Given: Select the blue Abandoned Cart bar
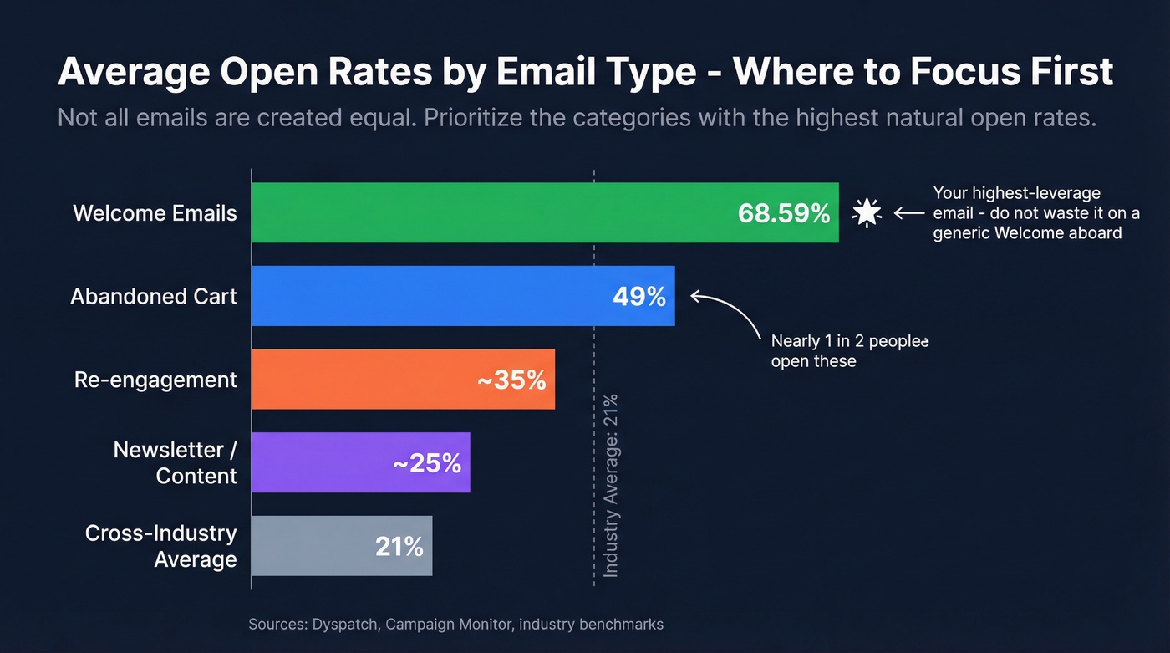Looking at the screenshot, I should (x=418, y=296).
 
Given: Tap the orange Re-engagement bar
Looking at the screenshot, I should (x=359, y=380).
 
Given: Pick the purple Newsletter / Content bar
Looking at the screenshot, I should (x=318, y=462).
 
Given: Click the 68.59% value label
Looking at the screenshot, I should (x=783, y=213).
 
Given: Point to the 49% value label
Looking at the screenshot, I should (x=638, y=296).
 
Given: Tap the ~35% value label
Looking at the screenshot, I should (x=511, y=380).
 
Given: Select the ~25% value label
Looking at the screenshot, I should (x=427, y=463).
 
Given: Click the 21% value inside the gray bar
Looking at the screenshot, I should (x=399, y=547).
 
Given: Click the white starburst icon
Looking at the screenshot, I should (x=867, y=213).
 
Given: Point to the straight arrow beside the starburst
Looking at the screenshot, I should (x=908, y=213).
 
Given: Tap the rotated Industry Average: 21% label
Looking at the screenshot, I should (x=611, y=485).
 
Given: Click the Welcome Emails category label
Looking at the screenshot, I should (x=155, y=213).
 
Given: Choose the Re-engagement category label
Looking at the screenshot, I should (x=155, y=380).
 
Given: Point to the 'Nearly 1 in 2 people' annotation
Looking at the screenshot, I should (x=849, y=351).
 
